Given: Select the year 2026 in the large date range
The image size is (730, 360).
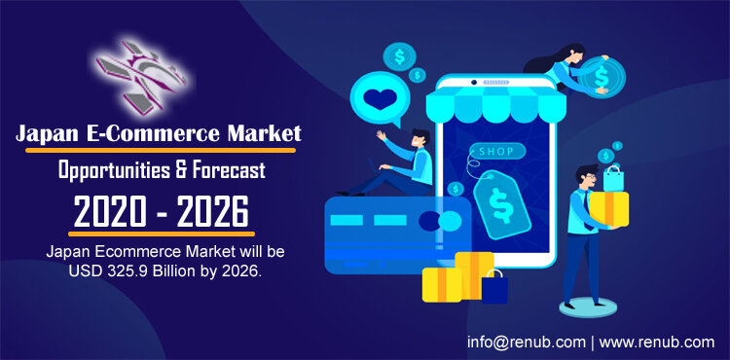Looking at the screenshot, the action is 213,212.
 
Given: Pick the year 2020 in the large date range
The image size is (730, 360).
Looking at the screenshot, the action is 110,212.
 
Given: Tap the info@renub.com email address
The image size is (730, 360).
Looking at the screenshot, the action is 527,342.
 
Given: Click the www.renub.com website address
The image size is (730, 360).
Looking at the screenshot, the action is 656,342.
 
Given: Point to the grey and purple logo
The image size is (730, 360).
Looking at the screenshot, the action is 141,76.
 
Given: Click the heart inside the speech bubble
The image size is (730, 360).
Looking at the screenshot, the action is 380,99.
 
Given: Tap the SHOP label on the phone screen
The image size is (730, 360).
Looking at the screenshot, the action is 496,151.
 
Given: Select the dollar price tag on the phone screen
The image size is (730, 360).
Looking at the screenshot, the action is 502,203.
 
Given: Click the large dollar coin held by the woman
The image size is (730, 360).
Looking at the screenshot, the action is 602,77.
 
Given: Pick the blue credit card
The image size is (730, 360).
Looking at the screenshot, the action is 398,234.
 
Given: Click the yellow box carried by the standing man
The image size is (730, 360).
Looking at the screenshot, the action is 609,209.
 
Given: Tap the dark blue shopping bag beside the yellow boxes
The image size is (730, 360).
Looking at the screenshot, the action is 494,287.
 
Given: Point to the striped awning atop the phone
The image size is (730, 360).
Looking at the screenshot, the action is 495,104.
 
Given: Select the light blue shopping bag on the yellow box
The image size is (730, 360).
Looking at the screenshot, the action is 613,178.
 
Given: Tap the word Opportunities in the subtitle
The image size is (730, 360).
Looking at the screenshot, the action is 114,170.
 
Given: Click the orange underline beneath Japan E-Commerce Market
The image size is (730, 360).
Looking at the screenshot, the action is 161,150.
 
